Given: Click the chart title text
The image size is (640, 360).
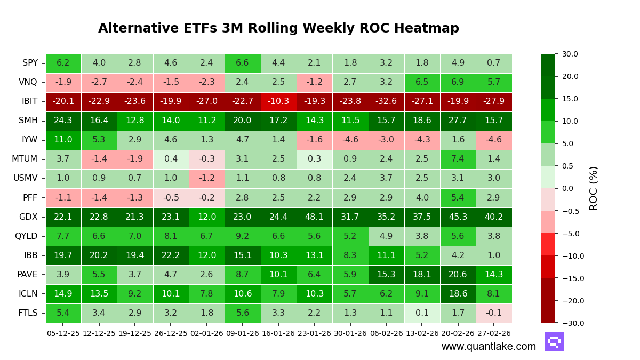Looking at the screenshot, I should [x=278, y=29].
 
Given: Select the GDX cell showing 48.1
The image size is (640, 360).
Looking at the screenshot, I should [x=314, y=217].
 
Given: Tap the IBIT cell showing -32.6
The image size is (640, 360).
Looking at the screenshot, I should [x=386, y=102].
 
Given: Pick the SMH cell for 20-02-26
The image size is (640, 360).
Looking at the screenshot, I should [x=458, y=121].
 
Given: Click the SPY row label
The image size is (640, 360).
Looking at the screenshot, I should [x=30, y=63].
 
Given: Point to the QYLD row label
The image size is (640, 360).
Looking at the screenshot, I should [x=26, y=236].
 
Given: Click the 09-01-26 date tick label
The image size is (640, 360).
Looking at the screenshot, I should [x=243, y=333].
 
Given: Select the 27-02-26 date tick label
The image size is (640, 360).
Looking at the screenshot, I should [x=494, y=333].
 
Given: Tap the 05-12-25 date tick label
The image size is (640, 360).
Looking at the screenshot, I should [x=63, y=333].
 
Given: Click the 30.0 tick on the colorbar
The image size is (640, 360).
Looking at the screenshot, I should [x=570, y=54].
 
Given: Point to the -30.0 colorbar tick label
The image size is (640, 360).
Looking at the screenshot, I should [x=569, y=323].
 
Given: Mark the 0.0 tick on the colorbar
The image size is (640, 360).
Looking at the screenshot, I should [x=567, y=188].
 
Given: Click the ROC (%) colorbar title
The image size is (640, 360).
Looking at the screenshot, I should [x=594, y=188].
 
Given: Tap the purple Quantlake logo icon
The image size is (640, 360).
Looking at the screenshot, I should [x=554, y=342].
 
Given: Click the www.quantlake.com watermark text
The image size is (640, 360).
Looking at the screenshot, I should [x=489, y=347].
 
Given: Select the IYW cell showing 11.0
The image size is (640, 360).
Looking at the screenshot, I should [x=63, y=140].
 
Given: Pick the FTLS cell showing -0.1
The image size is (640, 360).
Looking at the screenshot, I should [x=494, y=313].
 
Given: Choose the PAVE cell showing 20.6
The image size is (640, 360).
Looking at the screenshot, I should [x=458, y=275].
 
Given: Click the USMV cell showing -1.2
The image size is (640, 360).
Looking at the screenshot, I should [x=206, y=179].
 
